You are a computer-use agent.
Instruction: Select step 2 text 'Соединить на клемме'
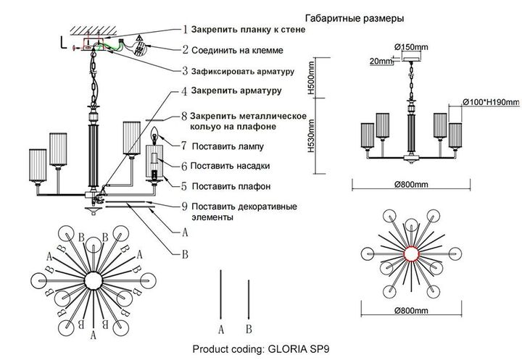(238, 50)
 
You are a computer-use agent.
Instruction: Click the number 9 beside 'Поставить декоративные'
(185, 206)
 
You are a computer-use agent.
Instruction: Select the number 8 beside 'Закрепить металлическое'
(185, 116)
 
